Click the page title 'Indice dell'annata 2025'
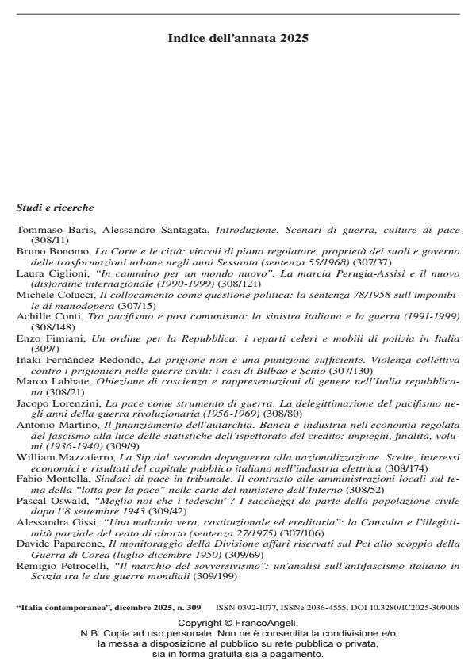pos(238,37)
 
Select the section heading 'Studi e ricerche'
pos(55,208)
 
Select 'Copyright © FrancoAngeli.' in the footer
pos(238,624)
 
